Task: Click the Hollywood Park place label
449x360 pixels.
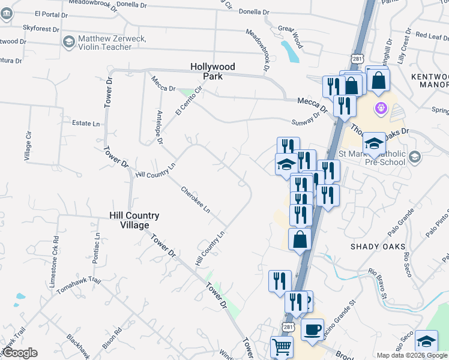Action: pos(212,71)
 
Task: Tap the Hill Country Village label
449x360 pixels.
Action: pos(134,220)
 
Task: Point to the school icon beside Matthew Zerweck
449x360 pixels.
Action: pos(68,41)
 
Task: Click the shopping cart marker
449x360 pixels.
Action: pos(282,346)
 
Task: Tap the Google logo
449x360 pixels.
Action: pos(20,353)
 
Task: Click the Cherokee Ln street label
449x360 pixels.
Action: pos(196,199)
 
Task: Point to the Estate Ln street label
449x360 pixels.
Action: pos(86,124)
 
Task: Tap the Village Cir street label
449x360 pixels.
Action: pos(27,146)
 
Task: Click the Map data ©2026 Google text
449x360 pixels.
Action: pos(412,355)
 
